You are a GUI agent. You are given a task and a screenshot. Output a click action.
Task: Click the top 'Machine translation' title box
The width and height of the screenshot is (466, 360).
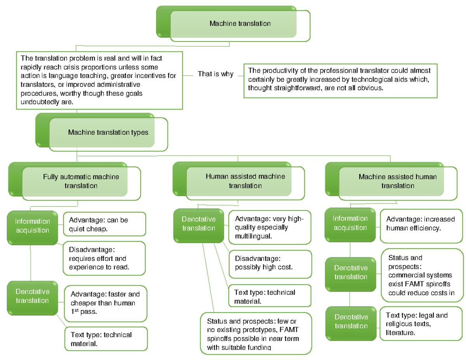click(x=240, y=24)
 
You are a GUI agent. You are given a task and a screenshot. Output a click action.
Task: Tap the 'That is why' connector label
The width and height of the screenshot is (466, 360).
click(x=215, y=73)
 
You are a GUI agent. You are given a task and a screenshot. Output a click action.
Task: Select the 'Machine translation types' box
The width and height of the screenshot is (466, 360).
click(x=108, y=133)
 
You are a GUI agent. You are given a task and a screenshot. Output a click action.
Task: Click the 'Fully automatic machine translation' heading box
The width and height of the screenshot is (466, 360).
click(x=81, y=181)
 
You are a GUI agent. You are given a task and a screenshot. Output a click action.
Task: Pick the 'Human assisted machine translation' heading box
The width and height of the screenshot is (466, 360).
click(x=245, y=181)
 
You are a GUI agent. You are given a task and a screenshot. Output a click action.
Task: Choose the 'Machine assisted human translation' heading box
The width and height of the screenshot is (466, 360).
click(x=397, y=181)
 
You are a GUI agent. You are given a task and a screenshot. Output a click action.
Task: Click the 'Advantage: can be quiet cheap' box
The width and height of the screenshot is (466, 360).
click(x=104, y=224)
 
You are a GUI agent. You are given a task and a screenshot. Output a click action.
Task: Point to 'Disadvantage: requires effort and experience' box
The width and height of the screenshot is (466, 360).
click(x=104, y=258)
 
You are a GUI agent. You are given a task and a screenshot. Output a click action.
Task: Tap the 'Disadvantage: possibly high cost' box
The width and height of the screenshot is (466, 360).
click(x=270, y=263)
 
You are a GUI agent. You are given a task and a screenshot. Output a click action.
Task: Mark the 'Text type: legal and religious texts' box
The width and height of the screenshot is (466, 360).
click(x=422, y=323)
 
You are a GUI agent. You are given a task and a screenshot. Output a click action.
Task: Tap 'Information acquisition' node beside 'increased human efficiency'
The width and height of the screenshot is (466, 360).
click(x=350, y=223)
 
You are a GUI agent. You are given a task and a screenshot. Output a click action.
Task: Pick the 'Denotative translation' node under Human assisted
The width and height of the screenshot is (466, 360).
click(x=198, y=224)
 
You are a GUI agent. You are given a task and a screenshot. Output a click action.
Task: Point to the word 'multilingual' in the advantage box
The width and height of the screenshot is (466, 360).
click(x=253, y=236)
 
